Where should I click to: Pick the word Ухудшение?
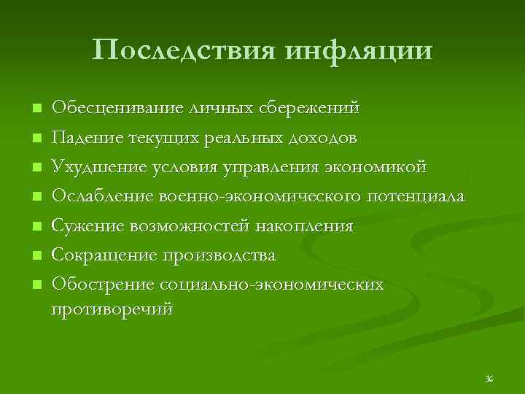97,168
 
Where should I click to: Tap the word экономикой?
376,168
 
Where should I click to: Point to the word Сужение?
87,227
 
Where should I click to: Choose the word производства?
220,256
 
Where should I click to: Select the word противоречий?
112,309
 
